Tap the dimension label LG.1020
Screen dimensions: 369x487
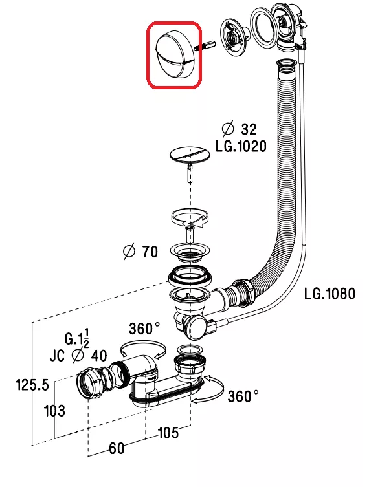241,146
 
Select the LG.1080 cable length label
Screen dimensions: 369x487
330,294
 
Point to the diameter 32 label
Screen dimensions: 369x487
240,129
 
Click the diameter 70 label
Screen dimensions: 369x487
140,252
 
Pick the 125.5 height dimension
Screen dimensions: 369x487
32,385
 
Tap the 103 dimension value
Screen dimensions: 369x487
54,411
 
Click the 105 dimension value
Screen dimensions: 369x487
168,433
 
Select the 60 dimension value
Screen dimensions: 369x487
117,448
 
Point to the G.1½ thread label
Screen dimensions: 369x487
77,338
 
